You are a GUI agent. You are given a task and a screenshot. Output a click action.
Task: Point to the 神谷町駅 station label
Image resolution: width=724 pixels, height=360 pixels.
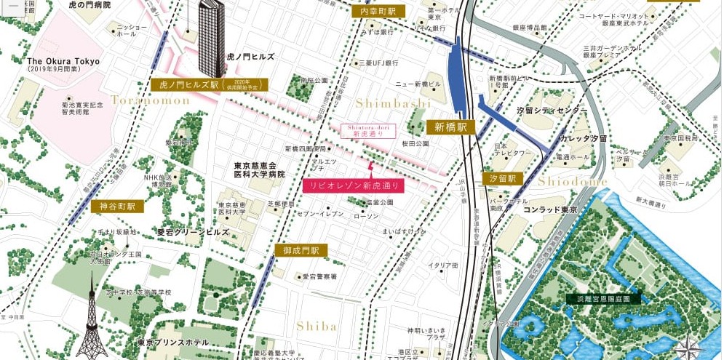(117, 207)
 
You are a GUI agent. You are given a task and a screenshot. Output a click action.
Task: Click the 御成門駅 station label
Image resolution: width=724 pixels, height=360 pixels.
(301, 250)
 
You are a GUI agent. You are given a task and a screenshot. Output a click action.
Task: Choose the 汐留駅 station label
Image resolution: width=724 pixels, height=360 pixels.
(503, 178)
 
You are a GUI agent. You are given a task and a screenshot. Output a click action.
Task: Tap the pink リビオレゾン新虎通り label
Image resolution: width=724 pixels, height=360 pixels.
(353, 185)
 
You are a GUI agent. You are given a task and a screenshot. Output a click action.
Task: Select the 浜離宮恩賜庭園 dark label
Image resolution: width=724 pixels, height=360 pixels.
(603, 298)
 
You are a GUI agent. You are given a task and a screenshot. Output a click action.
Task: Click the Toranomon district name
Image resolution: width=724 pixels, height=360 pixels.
(150, 100)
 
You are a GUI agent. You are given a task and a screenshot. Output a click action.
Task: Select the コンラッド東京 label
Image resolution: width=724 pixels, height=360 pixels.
(549, 210)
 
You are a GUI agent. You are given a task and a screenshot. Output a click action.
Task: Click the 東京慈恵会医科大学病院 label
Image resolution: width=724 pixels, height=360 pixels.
(259, 169)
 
